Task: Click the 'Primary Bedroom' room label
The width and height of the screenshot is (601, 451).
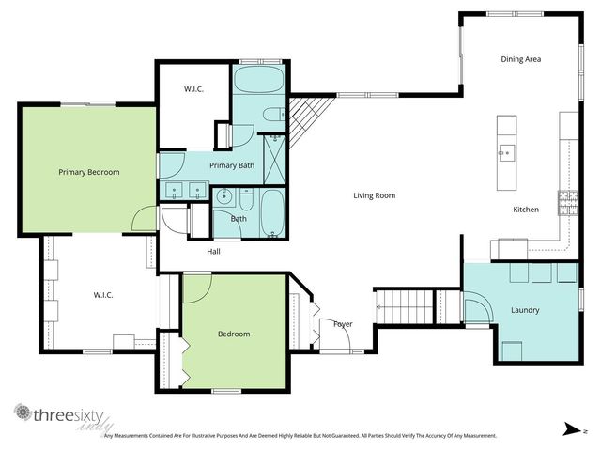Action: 88,172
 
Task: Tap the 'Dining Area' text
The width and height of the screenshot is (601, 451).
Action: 519,59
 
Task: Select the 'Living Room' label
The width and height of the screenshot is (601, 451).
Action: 374,195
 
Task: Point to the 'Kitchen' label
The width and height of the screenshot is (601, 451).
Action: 525,210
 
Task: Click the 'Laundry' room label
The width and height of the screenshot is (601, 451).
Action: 525,309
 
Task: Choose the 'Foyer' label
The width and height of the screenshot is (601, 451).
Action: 343,324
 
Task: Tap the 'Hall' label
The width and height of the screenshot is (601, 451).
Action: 214,251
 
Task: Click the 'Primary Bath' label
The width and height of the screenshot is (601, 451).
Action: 231,165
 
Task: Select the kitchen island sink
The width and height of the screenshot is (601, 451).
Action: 506,149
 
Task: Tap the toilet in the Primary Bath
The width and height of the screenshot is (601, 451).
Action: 271,116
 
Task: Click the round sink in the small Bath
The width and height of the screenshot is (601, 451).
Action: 224,197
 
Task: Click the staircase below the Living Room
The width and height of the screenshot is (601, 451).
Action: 404,307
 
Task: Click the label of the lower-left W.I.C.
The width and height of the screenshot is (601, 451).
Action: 103,295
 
